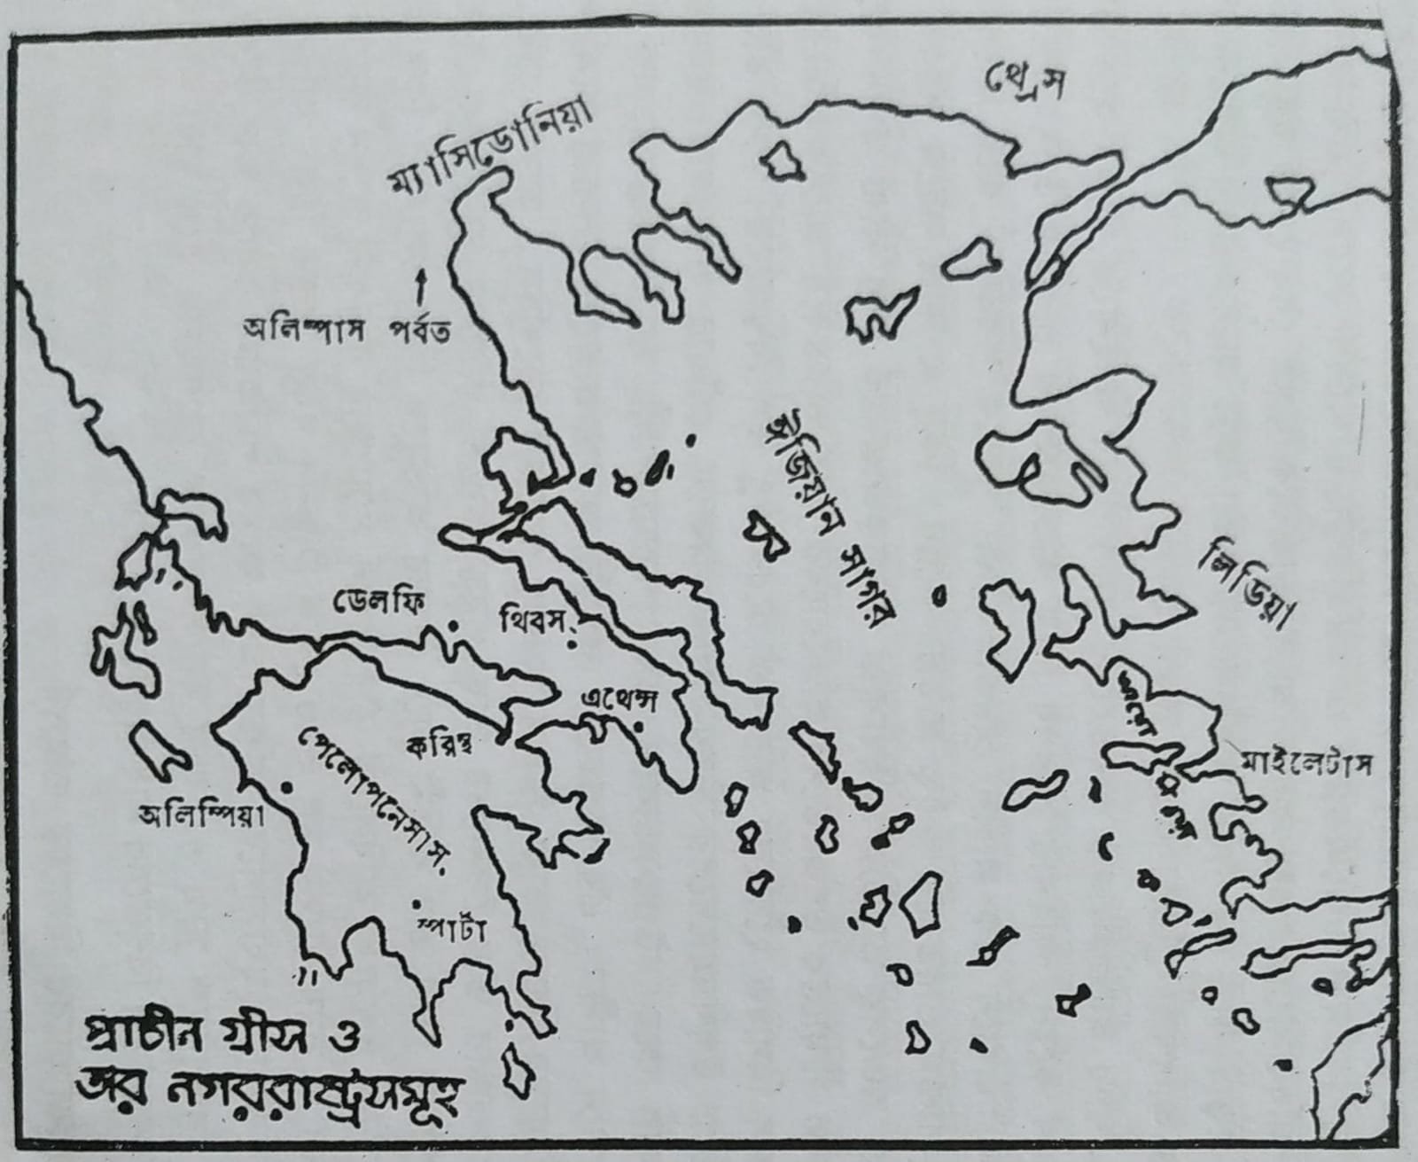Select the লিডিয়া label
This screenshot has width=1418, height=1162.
click(1246, 588)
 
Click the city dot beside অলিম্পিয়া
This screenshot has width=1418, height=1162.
click(285, 786)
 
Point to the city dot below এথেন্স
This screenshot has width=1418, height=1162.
click(638, 728)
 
